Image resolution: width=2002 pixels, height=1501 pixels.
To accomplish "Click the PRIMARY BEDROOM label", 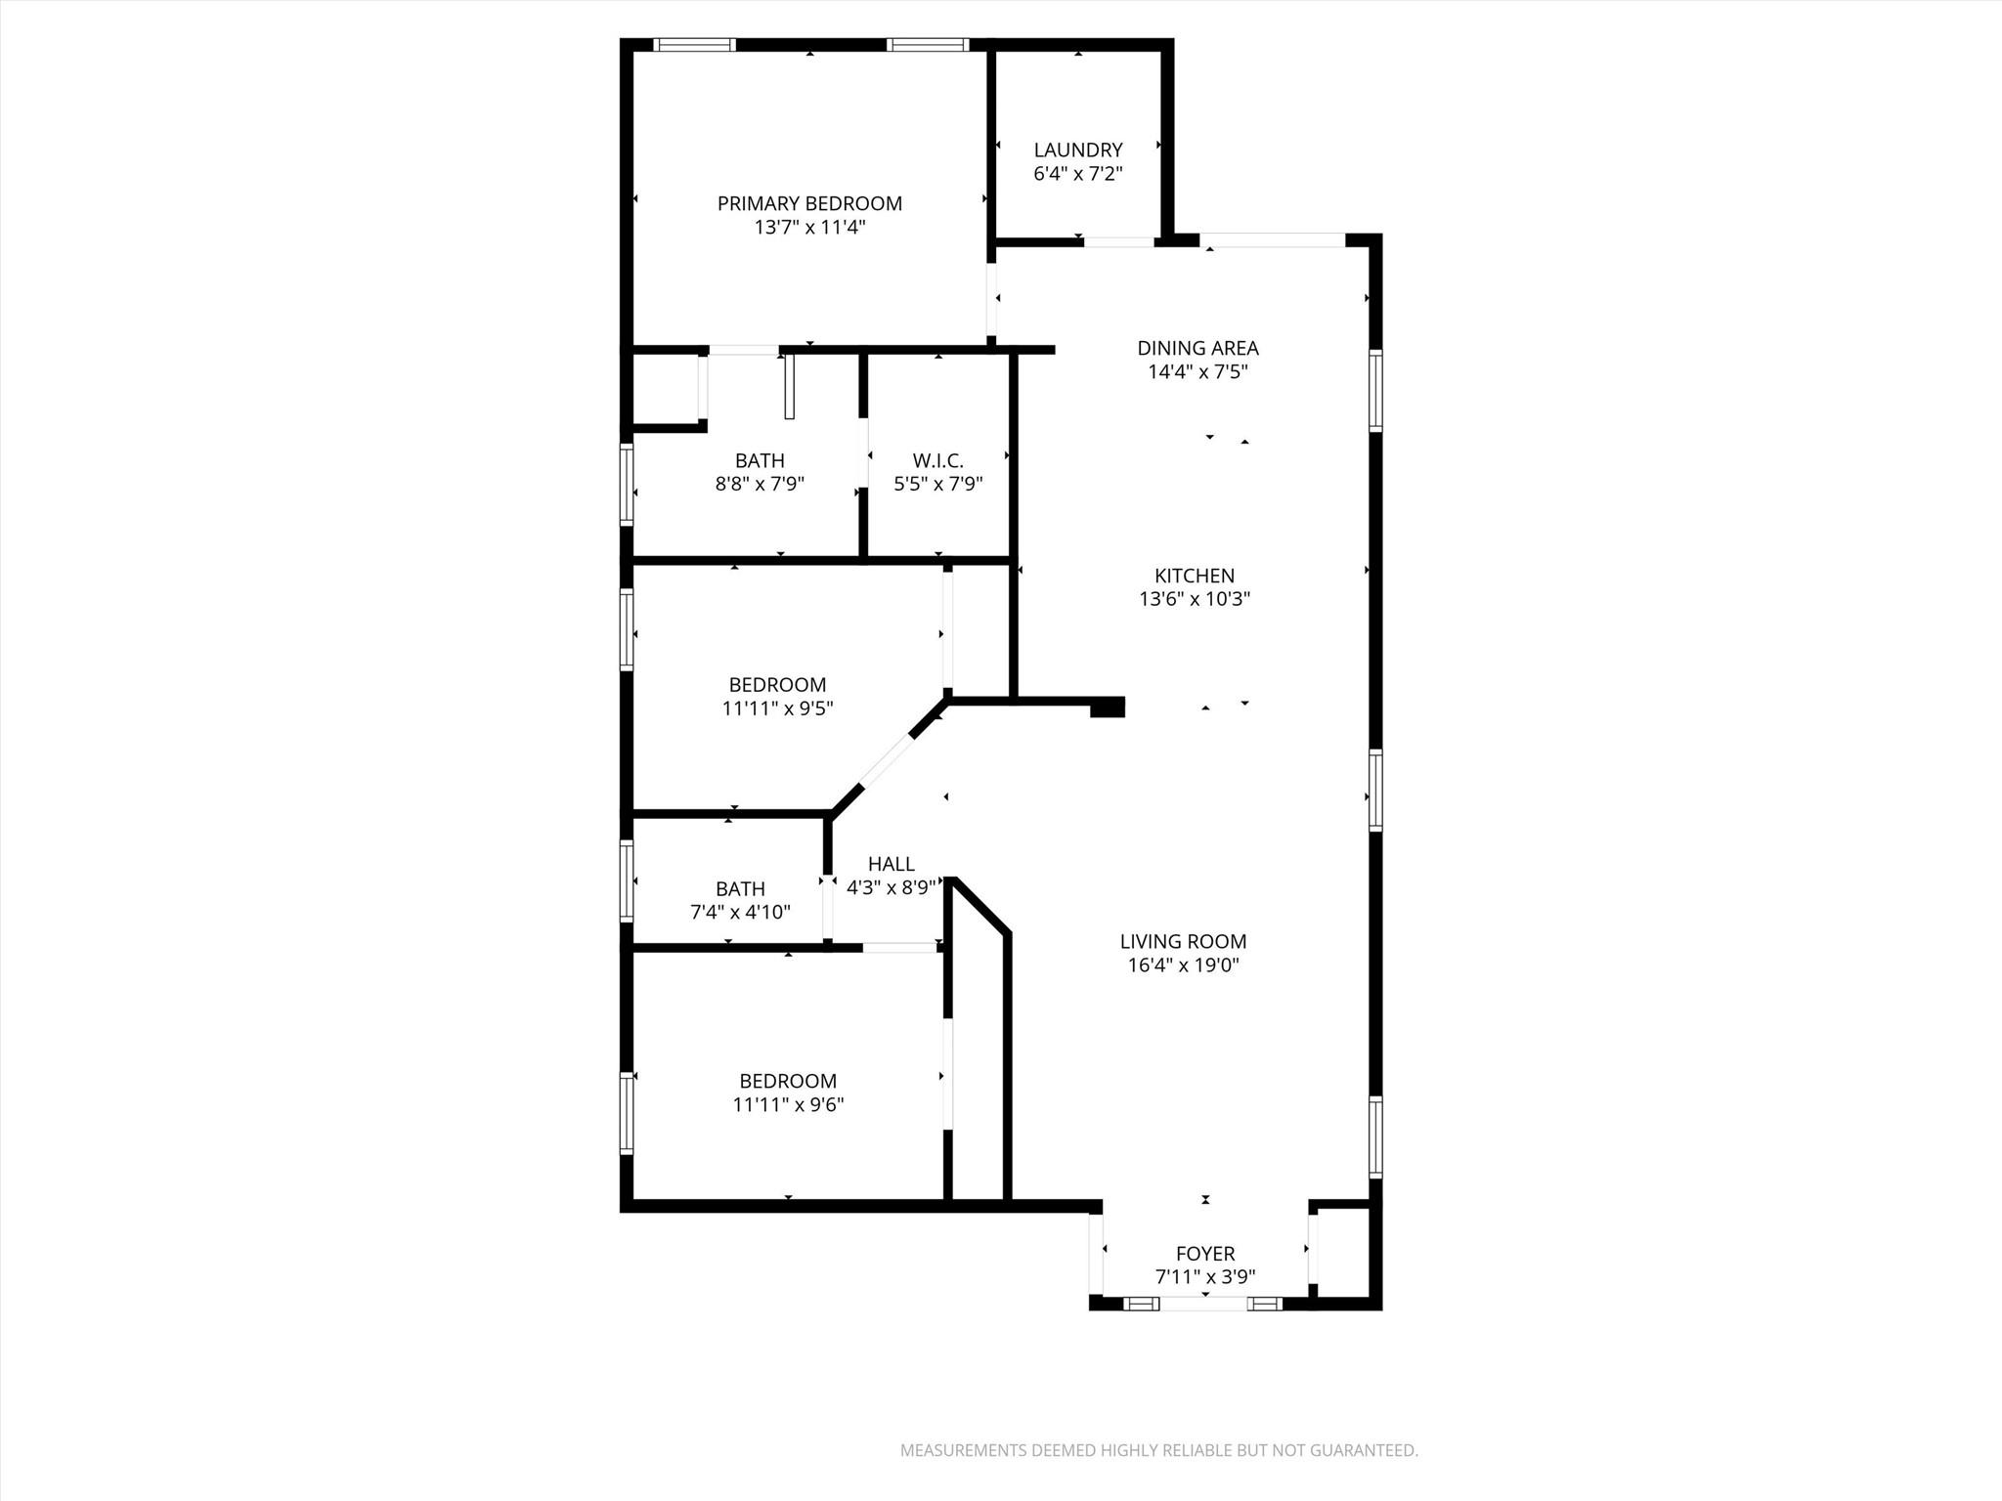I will [809, 203].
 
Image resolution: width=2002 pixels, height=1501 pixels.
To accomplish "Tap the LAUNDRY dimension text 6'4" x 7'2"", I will [1077, 174].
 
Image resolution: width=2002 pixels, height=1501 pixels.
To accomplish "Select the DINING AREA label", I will [1197, 348].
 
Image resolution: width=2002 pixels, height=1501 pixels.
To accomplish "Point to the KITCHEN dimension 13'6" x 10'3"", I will [1195, 599].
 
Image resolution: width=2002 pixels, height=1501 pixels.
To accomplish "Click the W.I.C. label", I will [937, 460].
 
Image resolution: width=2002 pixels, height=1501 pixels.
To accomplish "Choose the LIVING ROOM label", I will [1183, 941].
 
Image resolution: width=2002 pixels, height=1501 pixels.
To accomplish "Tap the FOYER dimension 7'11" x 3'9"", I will [1204, 1276].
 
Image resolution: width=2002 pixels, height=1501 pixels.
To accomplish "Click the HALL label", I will [891, 864].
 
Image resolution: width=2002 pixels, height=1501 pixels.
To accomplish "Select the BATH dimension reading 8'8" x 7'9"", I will [760, 484].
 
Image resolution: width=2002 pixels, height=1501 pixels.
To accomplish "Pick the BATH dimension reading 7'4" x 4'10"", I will [740, 913].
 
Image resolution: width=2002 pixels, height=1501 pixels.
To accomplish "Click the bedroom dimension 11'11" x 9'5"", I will [777, 708].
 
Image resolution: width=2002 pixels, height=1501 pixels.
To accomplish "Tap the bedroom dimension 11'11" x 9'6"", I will [788, 1105].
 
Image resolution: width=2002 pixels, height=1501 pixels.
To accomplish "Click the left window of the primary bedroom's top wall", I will [694, 45].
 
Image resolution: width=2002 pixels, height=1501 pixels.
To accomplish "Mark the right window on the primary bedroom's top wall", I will [928, 45].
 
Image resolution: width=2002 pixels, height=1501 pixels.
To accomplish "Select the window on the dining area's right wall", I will [1375, 391].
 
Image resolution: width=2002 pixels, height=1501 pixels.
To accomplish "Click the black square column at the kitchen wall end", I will [1108, 708].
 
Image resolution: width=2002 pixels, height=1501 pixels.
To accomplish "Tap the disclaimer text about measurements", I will [1158, 1450].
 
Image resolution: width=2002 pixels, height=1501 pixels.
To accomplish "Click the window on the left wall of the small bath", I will [627, 880].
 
